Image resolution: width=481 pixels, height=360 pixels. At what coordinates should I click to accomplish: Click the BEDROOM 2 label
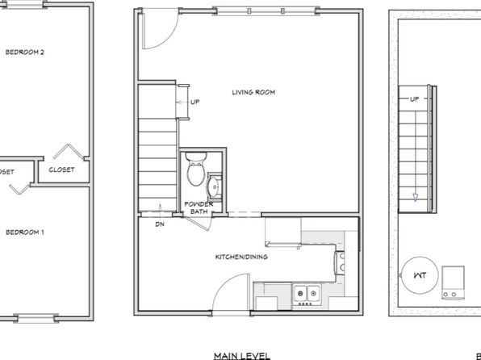(x=24, y=52)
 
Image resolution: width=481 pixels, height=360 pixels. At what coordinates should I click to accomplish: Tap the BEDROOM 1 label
(x=24, y=232)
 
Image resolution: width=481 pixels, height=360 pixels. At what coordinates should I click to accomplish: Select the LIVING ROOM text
(x=253, y=93)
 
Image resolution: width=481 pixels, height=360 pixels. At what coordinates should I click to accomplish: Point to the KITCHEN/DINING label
(x=240, y=257)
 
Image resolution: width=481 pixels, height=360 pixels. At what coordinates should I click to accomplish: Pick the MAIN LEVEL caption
(x=241, y=354)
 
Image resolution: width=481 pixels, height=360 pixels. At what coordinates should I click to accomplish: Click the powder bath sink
(x=215, y=187)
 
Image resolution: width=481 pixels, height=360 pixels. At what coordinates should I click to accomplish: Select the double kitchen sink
(x=306, y=293)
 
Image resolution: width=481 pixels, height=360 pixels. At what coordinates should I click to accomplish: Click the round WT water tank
(x=419, y=275)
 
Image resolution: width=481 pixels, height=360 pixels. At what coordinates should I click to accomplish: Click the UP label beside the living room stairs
(x=194, y=102)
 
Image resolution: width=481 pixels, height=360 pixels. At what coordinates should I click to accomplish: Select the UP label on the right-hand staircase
(x=414, y=99)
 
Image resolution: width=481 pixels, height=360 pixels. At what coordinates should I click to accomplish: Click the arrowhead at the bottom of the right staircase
(x=415, y=196)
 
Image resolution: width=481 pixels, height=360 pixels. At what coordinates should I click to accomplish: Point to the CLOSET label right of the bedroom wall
(x=61, y=170)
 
